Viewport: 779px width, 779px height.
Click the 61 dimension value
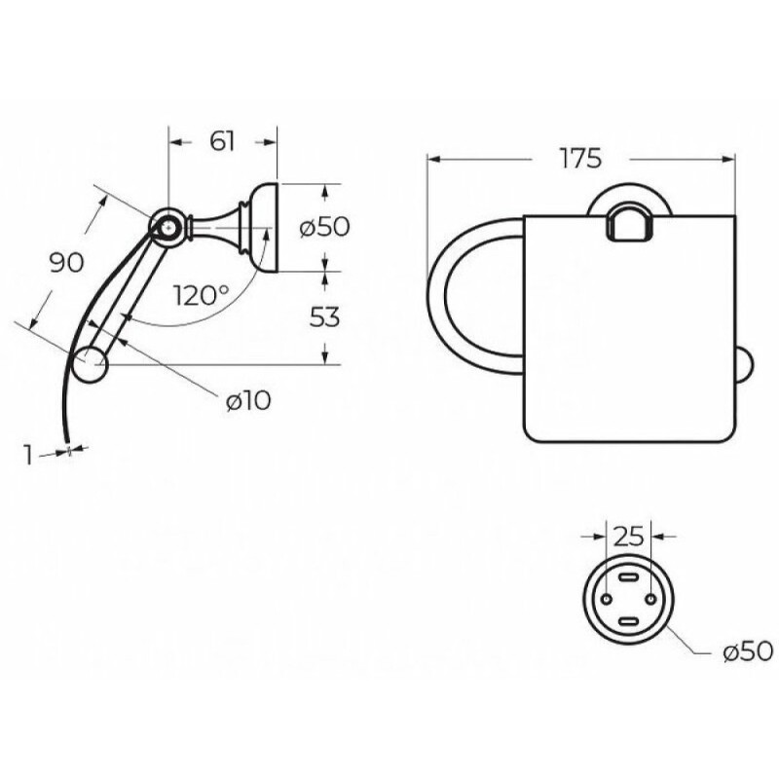tap(222, 141)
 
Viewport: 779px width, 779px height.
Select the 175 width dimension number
tap(580, 158)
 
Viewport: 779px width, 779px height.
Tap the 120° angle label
tap(202, 296)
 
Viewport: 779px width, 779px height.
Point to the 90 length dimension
tap(66, 262)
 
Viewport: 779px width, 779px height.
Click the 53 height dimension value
tap(324, 317)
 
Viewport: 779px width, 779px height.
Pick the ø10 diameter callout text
tap(248, 400)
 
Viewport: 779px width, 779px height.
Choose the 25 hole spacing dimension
tap(628, 537)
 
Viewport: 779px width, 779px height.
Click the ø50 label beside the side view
tap(325, 227)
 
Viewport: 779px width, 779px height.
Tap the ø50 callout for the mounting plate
tap(748, 650)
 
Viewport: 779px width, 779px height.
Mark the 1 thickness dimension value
tap(29, 455)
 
